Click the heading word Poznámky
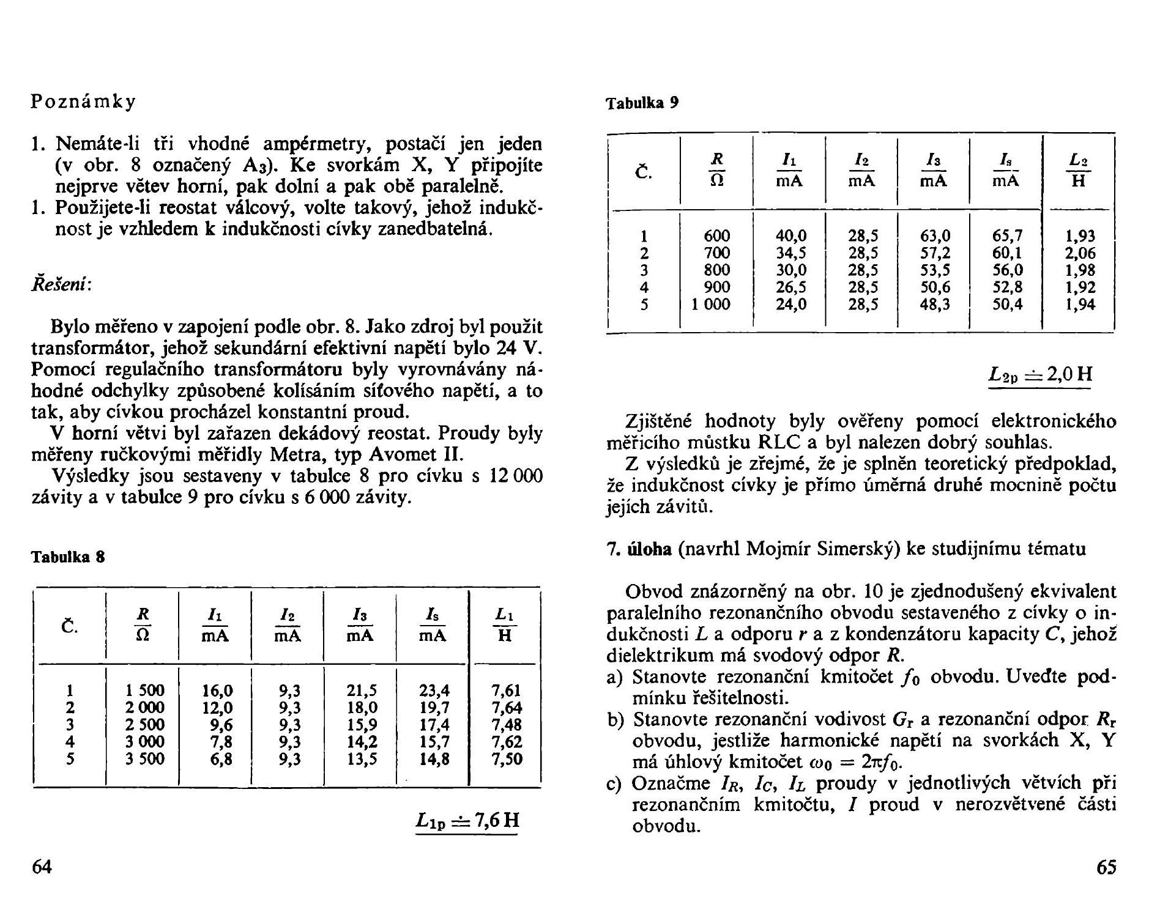[x=83, y=102]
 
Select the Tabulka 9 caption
[x=642, y=103]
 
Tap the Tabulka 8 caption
[x=68, y=557]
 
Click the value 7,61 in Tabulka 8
[x=506, y=690]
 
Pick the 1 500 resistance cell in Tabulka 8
[x=144, y=690]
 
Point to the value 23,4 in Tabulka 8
[x=434, y=690]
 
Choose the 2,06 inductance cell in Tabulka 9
[x=1079, y=253]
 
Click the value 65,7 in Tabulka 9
[x=1007, y=236]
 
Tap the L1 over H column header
[x=505, y=625]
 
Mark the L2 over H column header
[x=1079, y=170]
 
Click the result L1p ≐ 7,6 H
[x=467, y=821]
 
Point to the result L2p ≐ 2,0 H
[x=1040, y=374]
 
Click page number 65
[x=1106, y=867]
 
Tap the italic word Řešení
[x=61, y=285]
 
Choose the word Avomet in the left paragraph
[x=397, y=455]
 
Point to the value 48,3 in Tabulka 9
[x=935, y=304]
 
